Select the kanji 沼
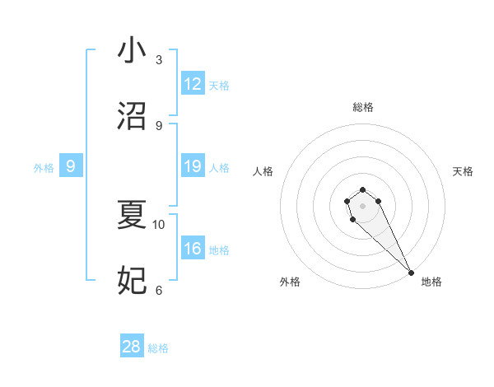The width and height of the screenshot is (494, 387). [132, 116]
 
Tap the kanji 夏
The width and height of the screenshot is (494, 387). [132, 215]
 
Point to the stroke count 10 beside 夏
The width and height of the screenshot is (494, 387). [159, 224]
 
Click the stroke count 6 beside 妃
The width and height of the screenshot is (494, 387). [158, 290]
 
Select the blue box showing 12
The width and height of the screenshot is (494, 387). [193, 85]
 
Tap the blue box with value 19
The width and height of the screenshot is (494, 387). [193, 167]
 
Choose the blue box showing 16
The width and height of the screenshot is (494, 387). [193, 249]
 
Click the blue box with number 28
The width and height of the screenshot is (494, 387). [132, 347]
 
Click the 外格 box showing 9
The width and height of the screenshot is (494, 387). [71, 167]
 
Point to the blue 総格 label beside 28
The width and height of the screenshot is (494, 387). [158, 348]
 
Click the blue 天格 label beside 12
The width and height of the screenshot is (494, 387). [219, 86]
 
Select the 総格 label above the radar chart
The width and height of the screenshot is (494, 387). [362, 107]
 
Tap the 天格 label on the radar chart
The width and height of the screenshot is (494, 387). [463, 171]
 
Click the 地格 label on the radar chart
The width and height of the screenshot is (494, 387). [431, 282]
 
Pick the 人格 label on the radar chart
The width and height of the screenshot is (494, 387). [263, 171]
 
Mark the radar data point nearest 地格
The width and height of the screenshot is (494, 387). [411, 273]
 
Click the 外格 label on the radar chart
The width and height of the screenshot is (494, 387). [290, 282]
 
